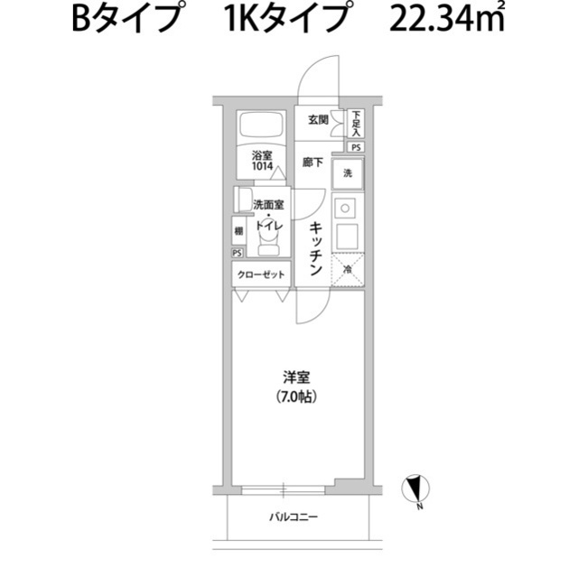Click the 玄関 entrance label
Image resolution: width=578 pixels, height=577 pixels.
click(x=317, y=120)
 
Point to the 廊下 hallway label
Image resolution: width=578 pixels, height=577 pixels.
click(x=312, y=163)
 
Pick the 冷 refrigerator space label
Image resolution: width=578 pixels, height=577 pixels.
click(x=348, y=269)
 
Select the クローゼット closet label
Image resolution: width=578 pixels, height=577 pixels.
click(x=262, y=275)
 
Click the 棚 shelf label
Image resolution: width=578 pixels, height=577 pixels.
click(x=238, y=230)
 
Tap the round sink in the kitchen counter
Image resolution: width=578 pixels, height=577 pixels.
click(x=344, y=209)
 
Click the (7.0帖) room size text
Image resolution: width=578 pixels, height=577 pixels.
click(x=290, y=396)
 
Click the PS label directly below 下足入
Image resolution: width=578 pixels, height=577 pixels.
click(x=357, y=146)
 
